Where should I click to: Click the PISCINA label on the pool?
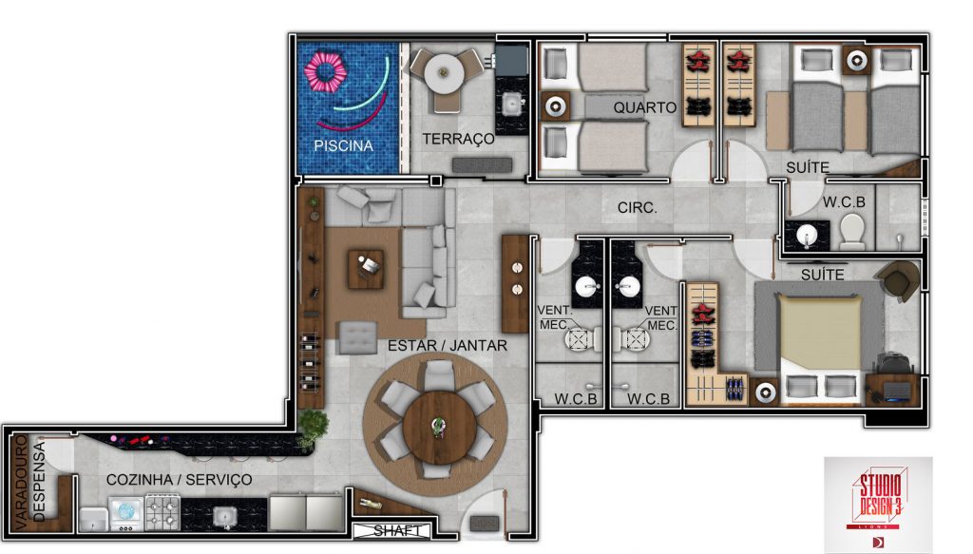pos(343,145)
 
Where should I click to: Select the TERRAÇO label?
pos(458,139)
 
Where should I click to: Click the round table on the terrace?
pos(444,73)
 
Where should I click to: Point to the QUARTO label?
pos(645,107)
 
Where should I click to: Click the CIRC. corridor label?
pos(637,207)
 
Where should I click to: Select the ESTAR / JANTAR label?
pos(447,345)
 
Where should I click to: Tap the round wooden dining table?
pos(439,427)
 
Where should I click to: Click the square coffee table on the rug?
pos(366,269)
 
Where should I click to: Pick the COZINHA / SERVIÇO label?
pos(179,480)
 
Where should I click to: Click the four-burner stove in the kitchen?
pos(162,513)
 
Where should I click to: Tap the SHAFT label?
pos(396,531)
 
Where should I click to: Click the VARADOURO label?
pos(21,483)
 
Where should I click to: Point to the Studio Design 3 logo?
pos(877,502)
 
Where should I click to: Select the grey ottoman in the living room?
pos(357,338)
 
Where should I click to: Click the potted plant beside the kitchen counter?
pos(312,427)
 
